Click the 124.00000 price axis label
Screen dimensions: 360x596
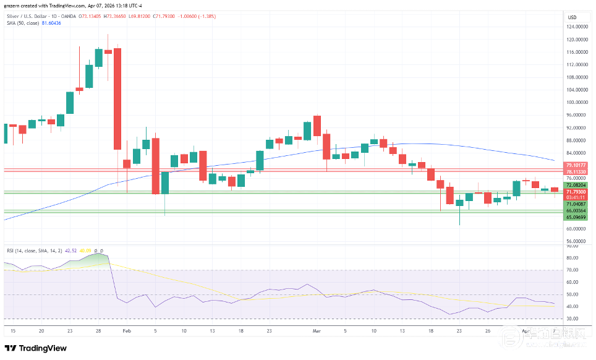[x=576, y=27]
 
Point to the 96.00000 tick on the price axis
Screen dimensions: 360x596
[x=576, y=115]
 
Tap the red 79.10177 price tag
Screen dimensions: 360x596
[x=575, y=166]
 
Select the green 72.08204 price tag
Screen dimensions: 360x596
[x=575, y=185]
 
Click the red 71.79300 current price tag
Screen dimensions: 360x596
[x=575, y=192]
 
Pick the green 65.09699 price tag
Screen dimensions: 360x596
[x=575, y=217]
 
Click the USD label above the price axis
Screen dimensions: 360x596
[x=572, y=17]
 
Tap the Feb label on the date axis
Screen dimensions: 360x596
[x=127, y=331]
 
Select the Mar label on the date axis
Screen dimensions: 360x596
[x=317, y=331]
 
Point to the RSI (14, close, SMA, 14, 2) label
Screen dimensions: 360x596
[x=34, y=251]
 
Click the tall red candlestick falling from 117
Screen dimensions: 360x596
[x=117, y=99]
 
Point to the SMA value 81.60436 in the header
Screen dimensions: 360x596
[x=51, y=23]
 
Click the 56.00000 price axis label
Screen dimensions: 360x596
[x=576, y=241]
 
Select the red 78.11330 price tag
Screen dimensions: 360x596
[x=575, y=173]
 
